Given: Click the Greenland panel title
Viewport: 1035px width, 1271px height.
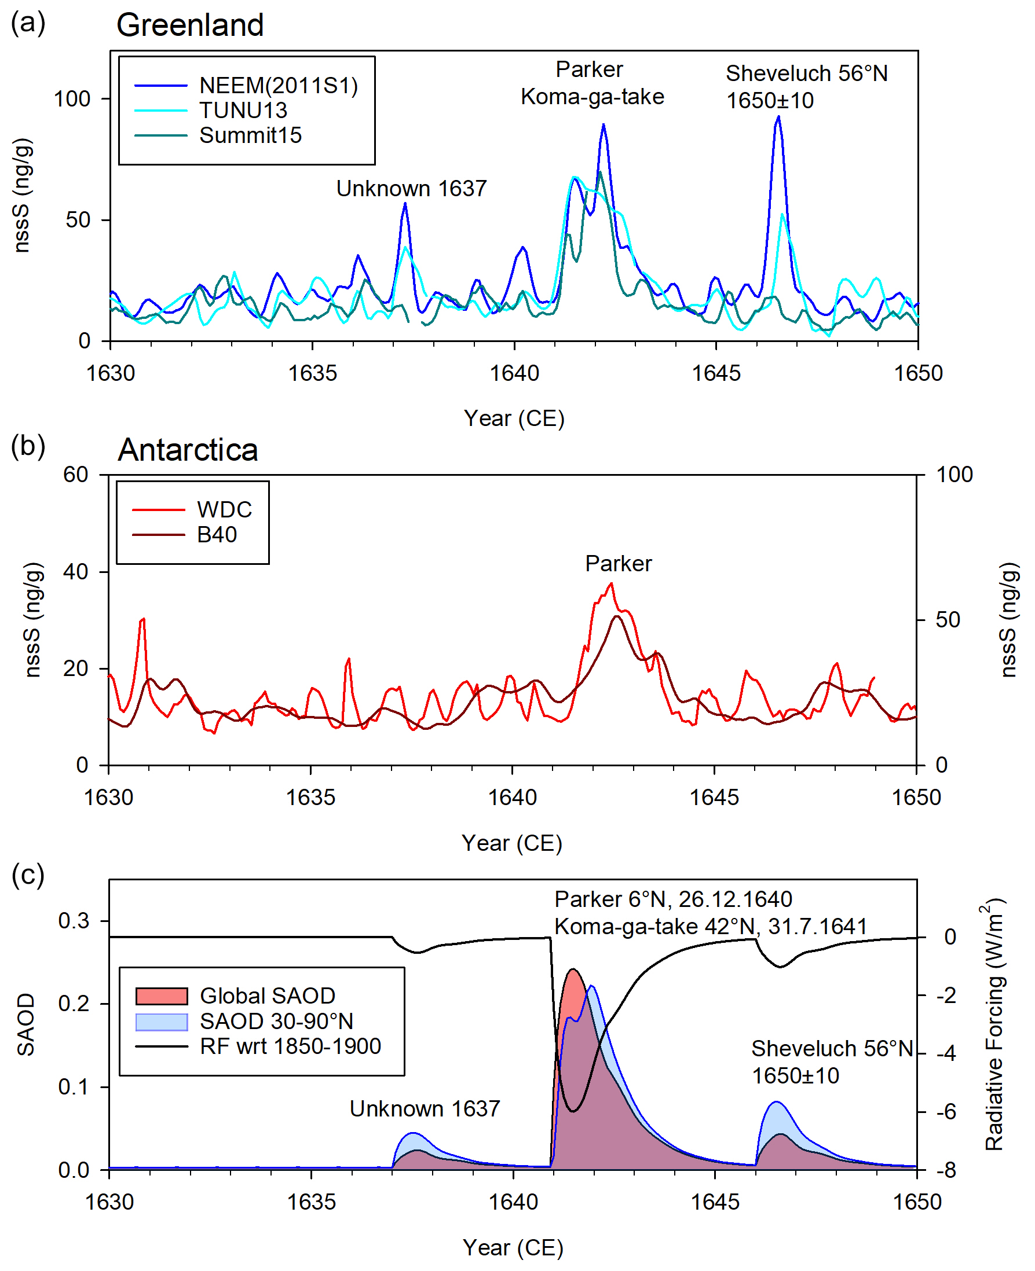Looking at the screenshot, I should click(x=189, y=25).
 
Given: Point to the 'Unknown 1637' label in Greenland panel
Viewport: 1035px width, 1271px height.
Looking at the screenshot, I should click(x=411, y=189).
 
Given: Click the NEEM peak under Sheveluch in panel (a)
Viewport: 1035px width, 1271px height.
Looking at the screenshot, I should click(x=778, y=117).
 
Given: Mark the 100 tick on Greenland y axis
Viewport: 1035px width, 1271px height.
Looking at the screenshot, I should click(x=72, y=99).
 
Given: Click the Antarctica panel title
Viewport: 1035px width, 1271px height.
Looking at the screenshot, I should click(x=188, y=450).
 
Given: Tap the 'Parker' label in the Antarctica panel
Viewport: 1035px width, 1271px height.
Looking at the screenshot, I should click(x=618, y=564).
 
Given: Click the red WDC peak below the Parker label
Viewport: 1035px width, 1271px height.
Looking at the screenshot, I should click(x=611, y=584).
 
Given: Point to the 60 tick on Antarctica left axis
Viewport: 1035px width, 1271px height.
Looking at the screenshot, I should click(x=76, y=475).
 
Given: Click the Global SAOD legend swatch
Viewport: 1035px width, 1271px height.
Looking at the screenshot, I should click(x=162, y=996).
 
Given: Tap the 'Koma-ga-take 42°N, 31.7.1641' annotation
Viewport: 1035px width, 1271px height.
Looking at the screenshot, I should click(x=710, y=927).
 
